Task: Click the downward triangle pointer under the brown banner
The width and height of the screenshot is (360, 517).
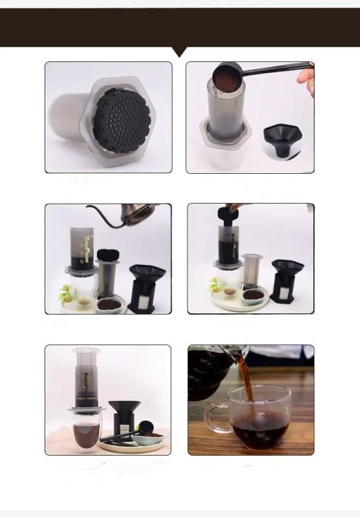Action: click(x=180, y=51)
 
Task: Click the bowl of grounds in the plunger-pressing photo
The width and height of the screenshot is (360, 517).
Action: click(x=253, y=295)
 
